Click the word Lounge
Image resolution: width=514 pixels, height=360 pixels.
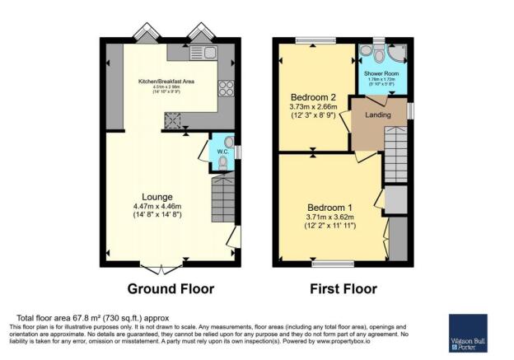click(x=157, y=197)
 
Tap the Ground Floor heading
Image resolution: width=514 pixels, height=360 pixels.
click(x=171, y=288)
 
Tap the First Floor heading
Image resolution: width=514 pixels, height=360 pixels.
click(x=343, y=288)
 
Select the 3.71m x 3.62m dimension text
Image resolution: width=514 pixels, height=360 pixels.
click(x=329, y=217)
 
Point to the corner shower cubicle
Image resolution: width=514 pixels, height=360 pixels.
click(x=395, y=55)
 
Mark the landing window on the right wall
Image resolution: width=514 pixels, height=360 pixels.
click(x=409, y=110)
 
